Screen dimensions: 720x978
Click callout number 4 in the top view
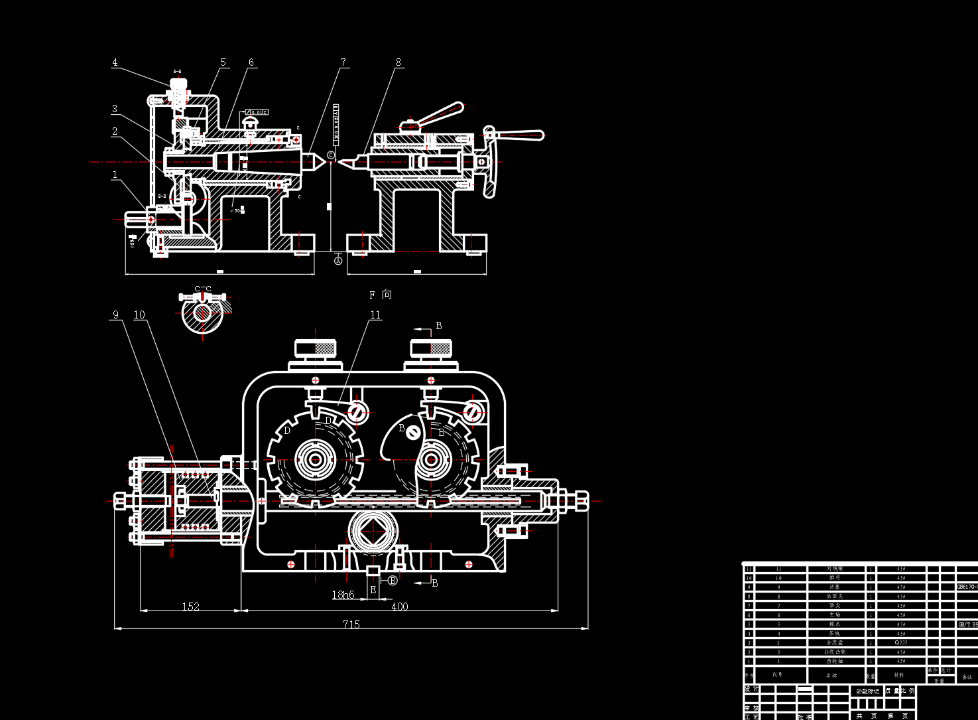pyautogui.click(x=115, y=62)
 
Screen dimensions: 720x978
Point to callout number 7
pyautogui.click(x=343, y=62)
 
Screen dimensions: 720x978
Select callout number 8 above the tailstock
pyautogui.click(x=398, y=62)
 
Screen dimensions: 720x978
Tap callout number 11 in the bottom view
pyautogui.click(x=375, y=315)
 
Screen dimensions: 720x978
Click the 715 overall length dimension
pyautogui.click(x=351, y=624)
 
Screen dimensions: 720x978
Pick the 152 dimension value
pyautogui.click(x=190, y=607)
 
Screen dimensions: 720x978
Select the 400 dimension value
pyautogui.click(x=400, y=607)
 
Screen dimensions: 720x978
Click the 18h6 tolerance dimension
pyautogui.click(x=343, y=595)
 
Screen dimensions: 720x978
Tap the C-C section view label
pyautogui.click(x=203, y=289)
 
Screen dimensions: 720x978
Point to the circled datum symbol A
pyautogui.click(x=338, y=261)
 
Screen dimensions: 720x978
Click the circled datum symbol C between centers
pyautogui.click(x=331, y=155)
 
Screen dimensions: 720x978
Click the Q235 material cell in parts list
pyautogui.click(x=900, y=642)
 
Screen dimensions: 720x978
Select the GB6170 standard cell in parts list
pyautogui.click(x=967, y=587)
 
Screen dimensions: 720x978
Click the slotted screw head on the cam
pyautogui.click(x=413, y=433)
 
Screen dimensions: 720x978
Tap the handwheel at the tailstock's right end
pyautogui.click(x=490, y=161)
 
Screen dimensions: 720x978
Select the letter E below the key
pyautogui.click(x=373, y=589)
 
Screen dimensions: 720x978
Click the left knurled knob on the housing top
pyautogui.click(x=315, y=348)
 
